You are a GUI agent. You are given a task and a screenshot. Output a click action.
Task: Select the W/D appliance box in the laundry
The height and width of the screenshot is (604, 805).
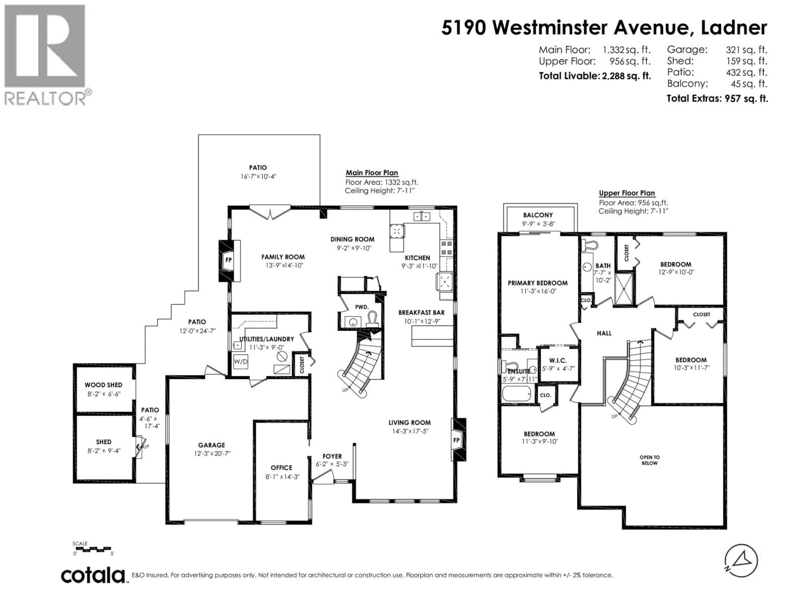240,362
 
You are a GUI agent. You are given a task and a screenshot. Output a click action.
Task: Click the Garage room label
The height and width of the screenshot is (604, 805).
212,445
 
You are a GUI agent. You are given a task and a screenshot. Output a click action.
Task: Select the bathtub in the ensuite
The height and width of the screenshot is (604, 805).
516,394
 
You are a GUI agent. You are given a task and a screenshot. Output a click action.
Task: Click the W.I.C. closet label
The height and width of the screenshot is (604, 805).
558,361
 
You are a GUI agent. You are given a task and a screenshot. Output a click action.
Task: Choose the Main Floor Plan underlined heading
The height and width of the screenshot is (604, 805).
371,173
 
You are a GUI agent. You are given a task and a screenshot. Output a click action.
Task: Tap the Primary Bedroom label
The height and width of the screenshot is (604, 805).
538,283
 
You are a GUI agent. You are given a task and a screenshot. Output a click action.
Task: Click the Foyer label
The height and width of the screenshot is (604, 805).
332,456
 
